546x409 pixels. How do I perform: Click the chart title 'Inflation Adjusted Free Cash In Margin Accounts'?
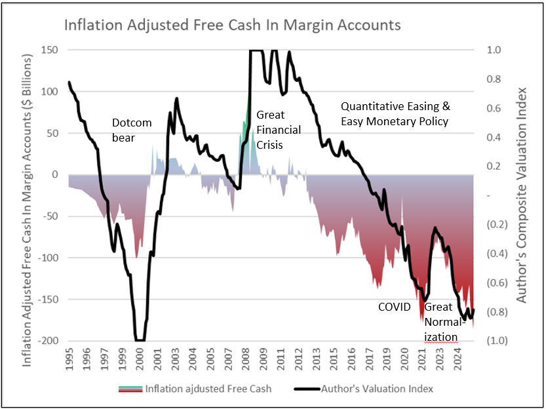(x=232, y=26)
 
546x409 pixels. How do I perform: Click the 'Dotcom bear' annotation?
(x=131, y=129)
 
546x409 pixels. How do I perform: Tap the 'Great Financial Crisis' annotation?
(x=278, y=129)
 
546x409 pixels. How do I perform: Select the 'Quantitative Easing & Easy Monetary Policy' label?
(x=396, y=113)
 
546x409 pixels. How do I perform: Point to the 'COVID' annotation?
(x=394, y=307)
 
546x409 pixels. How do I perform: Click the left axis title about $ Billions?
(x=28, y=195)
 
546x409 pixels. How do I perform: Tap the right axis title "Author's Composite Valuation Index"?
(x=522, y=195)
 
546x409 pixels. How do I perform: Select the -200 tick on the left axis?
(x=47, y=341)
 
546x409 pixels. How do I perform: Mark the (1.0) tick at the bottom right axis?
(x=495, y=341)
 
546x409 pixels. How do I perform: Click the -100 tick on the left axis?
(x=47, y=258)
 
